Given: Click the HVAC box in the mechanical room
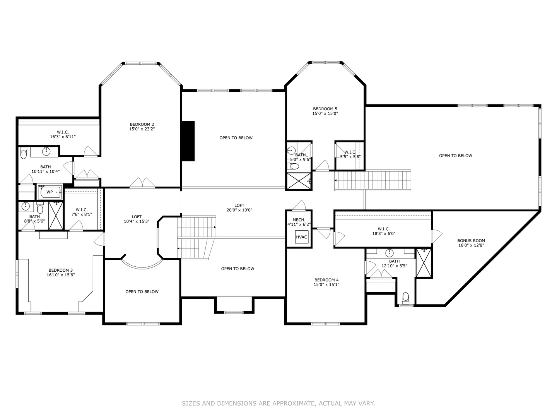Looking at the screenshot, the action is point(301,237).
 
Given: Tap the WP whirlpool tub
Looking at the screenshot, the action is point(50,192).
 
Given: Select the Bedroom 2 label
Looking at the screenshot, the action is point(142,124).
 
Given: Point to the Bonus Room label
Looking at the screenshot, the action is point(471,241).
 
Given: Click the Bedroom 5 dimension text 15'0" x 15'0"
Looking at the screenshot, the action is point(325,113).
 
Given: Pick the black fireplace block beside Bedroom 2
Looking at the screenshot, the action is point(188,141).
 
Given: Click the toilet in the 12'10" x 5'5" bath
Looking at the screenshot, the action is point(406,298).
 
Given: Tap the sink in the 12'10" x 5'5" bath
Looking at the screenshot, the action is point(389,253).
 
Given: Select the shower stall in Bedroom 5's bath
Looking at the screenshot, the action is point(299,181).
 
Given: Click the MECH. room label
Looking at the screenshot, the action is point(299,220).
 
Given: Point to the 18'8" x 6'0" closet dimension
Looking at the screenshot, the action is point(384,233).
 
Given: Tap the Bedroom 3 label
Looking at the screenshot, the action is point(61,270).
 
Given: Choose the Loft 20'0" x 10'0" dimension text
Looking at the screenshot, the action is point(239,210).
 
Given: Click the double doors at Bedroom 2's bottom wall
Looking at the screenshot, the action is point(142,183).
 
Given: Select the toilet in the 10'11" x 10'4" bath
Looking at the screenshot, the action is point(23,153).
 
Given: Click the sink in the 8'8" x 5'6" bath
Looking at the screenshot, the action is point(26,207).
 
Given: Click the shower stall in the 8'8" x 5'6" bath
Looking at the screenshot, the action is point(56,216).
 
